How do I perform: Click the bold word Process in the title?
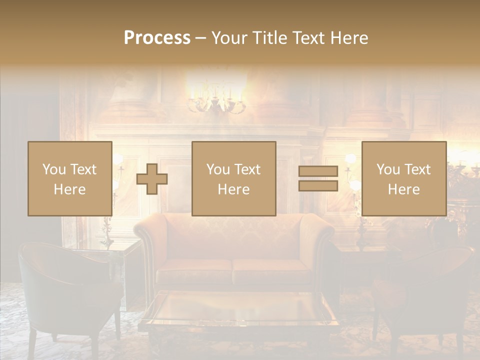157,38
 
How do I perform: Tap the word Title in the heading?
269,38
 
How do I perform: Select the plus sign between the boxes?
152,178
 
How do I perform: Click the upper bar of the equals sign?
318,171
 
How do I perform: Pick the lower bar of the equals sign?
318,186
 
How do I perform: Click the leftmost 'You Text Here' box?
70,178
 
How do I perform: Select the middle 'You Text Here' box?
233,178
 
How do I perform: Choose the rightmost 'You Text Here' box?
403,178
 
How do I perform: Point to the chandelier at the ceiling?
216,97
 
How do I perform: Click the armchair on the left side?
65,290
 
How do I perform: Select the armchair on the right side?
425,295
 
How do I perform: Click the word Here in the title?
349,38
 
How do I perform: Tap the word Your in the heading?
227,38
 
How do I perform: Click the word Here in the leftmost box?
70,189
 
